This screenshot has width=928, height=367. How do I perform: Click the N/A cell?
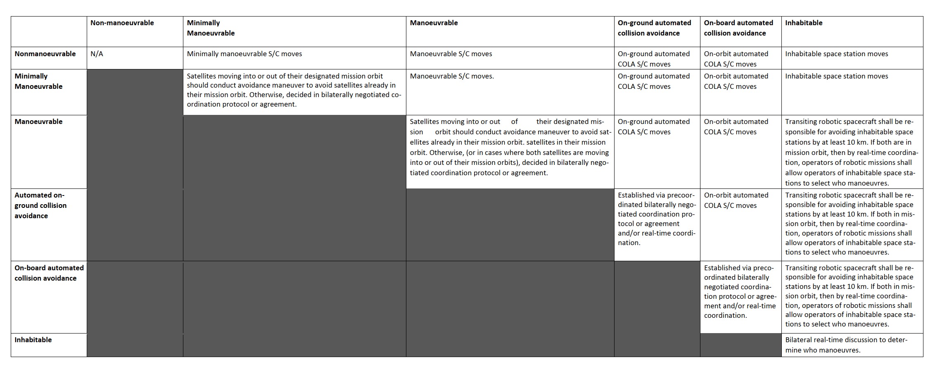point(97,54)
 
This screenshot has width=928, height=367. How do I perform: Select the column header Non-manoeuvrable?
point(122,23)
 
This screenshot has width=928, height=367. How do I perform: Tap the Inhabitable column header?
point(803,23)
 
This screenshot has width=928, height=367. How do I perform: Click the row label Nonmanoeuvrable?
point(45,54)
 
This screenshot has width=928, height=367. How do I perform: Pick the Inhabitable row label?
point(33,340)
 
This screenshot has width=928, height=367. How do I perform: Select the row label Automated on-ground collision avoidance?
point(40,205)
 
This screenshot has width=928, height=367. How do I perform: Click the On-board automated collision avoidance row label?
point(49,273)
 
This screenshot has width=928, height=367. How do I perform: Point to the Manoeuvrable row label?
point(38,122)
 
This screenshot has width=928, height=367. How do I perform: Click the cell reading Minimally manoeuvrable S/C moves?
point(244,54)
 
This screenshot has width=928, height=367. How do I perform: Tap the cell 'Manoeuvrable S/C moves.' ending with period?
point(451,76)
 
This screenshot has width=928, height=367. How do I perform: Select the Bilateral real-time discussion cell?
point(846,345)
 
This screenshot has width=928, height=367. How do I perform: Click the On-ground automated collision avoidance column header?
point(654,28)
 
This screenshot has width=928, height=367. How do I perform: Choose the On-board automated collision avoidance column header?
point(738,28)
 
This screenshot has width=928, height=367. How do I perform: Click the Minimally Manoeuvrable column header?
point(211,28)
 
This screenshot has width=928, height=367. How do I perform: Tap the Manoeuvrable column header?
point(434,23)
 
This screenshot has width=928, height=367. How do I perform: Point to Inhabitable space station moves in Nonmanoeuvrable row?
point(836,54)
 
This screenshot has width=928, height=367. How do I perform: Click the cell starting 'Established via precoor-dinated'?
point(656,219)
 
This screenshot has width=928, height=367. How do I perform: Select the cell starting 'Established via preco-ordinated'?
point(740,291)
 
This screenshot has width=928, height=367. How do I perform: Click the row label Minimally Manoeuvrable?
point(38,81)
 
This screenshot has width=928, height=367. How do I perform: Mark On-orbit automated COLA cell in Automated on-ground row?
point(736,200)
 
